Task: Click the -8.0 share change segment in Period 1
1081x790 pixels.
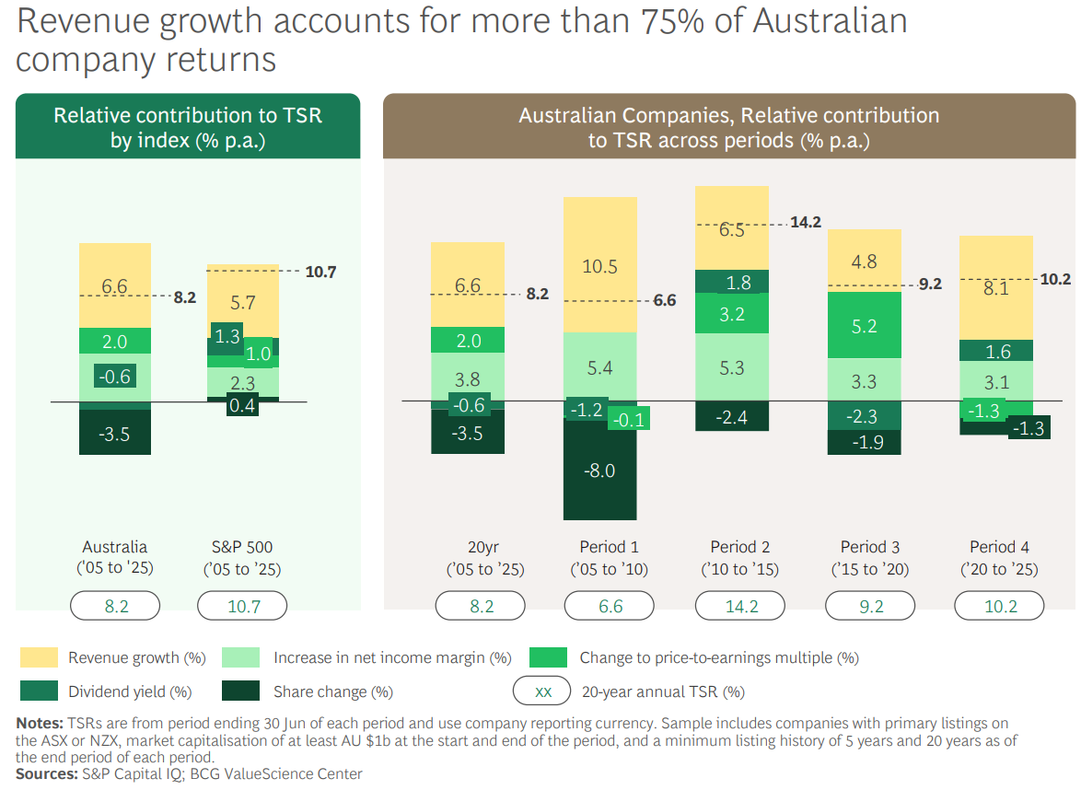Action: (599, 471)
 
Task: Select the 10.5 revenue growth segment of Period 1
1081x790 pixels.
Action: (599, 266)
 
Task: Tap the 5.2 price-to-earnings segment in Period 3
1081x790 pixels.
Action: (865, 325)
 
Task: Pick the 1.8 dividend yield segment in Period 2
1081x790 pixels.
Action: (732, 282)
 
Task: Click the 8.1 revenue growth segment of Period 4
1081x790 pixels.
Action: (995, 287)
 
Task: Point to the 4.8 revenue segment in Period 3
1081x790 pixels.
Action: (865, 261)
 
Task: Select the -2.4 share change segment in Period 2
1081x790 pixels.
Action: (732, 417)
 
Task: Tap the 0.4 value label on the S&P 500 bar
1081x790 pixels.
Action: (242, 405)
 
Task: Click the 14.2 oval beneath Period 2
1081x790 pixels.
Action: (740, 606)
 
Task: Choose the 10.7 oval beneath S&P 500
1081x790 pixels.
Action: (243, 606)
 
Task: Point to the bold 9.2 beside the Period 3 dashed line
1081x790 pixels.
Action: (930, 285)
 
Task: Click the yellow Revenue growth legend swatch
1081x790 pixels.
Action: (38, 657)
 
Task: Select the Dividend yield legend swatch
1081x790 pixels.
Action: (38, 691)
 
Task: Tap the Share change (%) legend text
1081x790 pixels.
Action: (333, 691)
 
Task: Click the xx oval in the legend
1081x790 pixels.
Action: (543, 691)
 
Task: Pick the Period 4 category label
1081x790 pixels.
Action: (999, 547)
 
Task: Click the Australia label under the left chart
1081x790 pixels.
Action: (115, 547)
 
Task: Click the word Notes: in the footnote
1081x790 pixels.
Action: (38, 723)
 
